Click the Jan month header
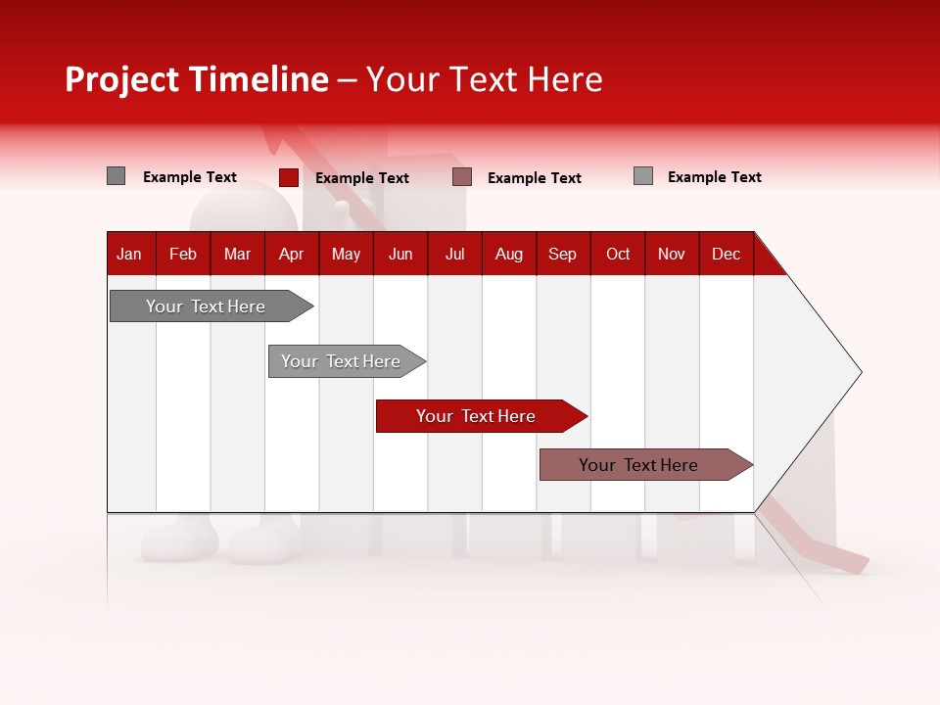(x=129, y=254)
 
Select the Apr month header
(x=291, y=254)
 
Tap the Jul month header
(x=454, y=254)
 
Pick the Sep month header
(x=562, y=254)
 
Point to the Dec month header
(x=726, y=254)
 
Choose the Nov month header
(x=671, y=254)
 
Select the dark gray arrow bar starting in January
(x=207, y=306)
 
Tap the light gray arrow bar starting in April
(x=342, y=361)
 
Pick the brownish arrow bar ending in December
(x=639, y=465)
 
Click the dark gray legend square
(x=116, y=176)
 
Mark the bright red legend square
(x=288, y=177)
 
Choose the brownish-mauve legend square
(x=462, y=177)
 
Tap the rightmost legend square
(x=642, y=176)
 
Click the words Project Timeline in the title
(x=196, y=79)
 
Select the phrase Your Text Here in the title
(x=484, y=79)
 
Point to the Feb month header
(x=183, y=254)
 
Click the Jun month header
(x=400, y=254)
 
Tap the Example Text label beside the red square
(x=362, y=178)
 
